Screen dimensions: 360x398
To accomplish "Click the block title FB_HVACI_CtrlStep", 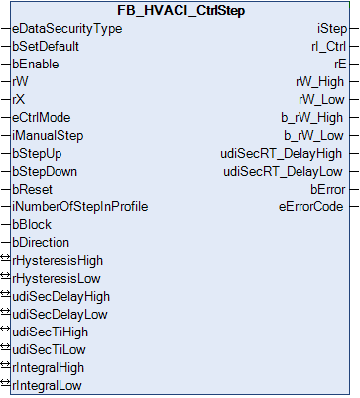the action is [x=180, y=11].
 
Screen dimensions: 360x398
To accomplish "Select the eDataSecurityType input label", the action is [x=67, y=29].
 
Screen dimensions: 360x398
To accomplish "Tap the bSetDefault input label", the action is [x=46, y=47].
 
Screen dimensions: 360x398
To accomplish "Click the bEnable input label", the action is [x=36, y=65].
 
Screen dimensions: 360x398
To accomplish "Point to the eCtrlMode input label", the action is [x=42, y=118].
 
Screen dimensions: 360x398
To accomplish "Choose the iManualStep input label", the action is [x=48, y=136].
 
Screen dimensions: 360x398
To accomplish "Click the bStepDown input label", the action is [x=45, y=172].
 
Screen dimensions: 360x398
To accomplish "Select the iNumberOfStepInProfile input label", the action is [x=80, y=207].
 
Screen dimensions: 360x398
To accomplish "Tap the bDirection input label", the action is [x=41, y=243].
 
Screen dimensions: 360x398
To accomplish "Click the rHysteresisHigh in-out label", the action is [x=58, y=261].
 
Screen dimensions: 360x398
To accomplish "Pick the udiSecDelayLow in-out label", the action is [x=60, y=315].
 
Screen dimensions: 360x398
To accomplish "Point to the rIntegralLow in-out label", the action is [x=47, y=386].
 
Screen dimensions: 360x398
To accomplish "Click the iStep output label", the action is [x=332, y=29].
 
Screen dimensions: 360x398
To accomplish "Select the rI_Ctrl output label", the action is [x=328, y=47].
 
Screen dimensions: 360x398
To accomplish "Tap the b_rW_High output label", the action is [x=312, y=118].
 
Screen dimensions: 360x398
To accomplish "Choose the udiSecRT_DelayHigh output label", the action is [x=282, y=154].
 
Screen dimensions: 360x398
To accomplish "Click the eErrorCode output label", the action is [x=311, y=207].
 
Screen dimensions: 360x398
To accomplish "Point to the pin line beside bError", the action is [x=354, y=190].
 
